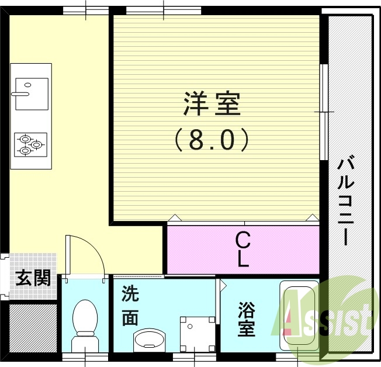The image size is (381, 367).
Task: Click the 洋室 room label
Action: (212, 105)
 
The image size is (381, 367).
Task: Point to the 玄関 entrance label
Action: (32, 278)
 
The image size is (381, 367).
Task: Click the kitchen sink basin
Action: (31, 94)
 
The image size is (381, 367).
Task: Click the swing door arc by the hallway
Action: (88, 251)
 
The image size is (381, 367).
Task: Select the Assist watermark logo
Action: (327, 316)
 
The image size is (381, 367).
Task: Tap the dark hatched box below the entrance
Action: (33, 327)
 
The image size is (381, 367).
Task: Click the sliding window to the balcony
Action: (323, 111)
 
